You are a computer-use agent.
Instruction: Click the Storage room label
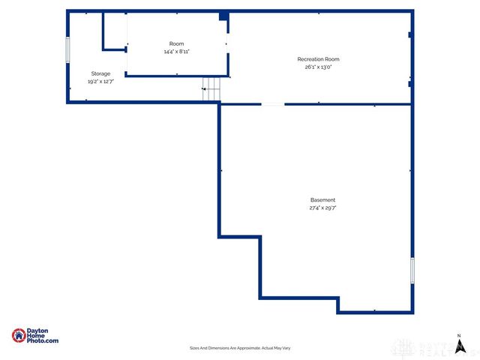[101, 73]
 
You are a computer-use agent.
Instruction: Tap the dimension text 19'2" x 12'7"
[101, 81]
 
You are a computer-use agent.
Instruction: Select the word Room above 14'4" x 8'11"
[176, 44]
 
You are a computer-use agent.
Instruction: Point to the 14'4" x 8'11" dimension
[176, 52]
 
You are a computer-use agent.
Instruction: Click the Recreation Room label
[318, 59]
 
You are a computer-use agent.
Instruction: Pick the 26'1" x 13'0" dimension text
[318, 67]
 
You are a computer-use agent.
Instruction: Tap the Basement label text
[322, 200]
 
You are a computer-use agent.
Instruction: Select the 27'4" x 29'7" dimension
[322, 208]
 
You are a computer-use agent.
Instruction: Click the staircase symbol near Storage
[212, 90]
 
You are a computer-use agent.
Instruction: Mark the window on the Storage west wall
[68, 50]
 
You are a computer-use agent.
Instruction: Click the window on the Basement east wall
[412, 270]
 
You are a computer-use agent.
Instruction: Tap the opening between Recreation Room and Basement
[272, 104]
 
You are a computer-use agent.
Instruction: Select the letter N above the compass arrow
[459, 335]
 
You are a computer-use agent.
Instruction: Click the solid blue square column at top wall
[223, 16]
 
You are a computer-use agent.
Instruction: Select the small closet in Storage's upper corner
[114, 31]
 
